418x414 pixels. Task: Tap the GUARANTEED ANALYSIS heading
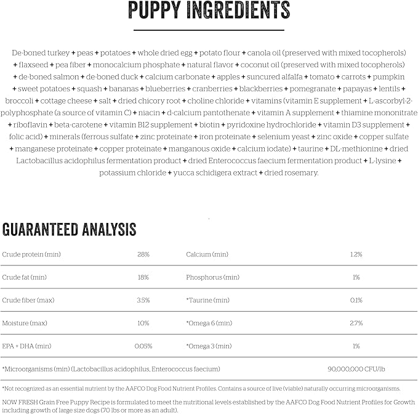pyautogui.click(x=69, y=230)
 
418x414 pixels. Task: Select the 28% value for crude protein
pyautogui.click(x=143, y=254)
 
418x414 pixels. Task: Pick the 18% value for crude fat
pyautogui.click(x=143, y=277)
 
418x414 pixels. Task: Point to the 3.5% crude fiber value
pyautogui.click(x=143, y=300)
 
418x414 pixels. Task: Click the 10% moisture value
pyautogui.click(x=143, y=323)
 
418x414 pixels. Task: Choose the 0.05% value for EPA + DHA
pyautogui.click(x=143, y=346)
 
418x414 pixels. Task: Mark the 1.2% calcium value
pyautogui.click(x=356, y=254)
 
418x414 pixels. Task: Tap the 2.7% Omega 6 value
pyautogui.click(x=356, y=323)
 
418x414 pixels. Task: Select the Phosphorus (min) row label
pyautogui.click(x=212, y=277)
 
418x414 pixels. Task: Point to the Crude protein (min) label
pyautogui.click(x=31, y=254)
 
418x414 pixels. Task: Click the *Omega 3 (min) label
pyautogui.click(x=209, y=346)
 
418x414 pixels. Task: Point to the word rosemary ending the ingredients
pyautogui.click(x=301, y=172)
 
